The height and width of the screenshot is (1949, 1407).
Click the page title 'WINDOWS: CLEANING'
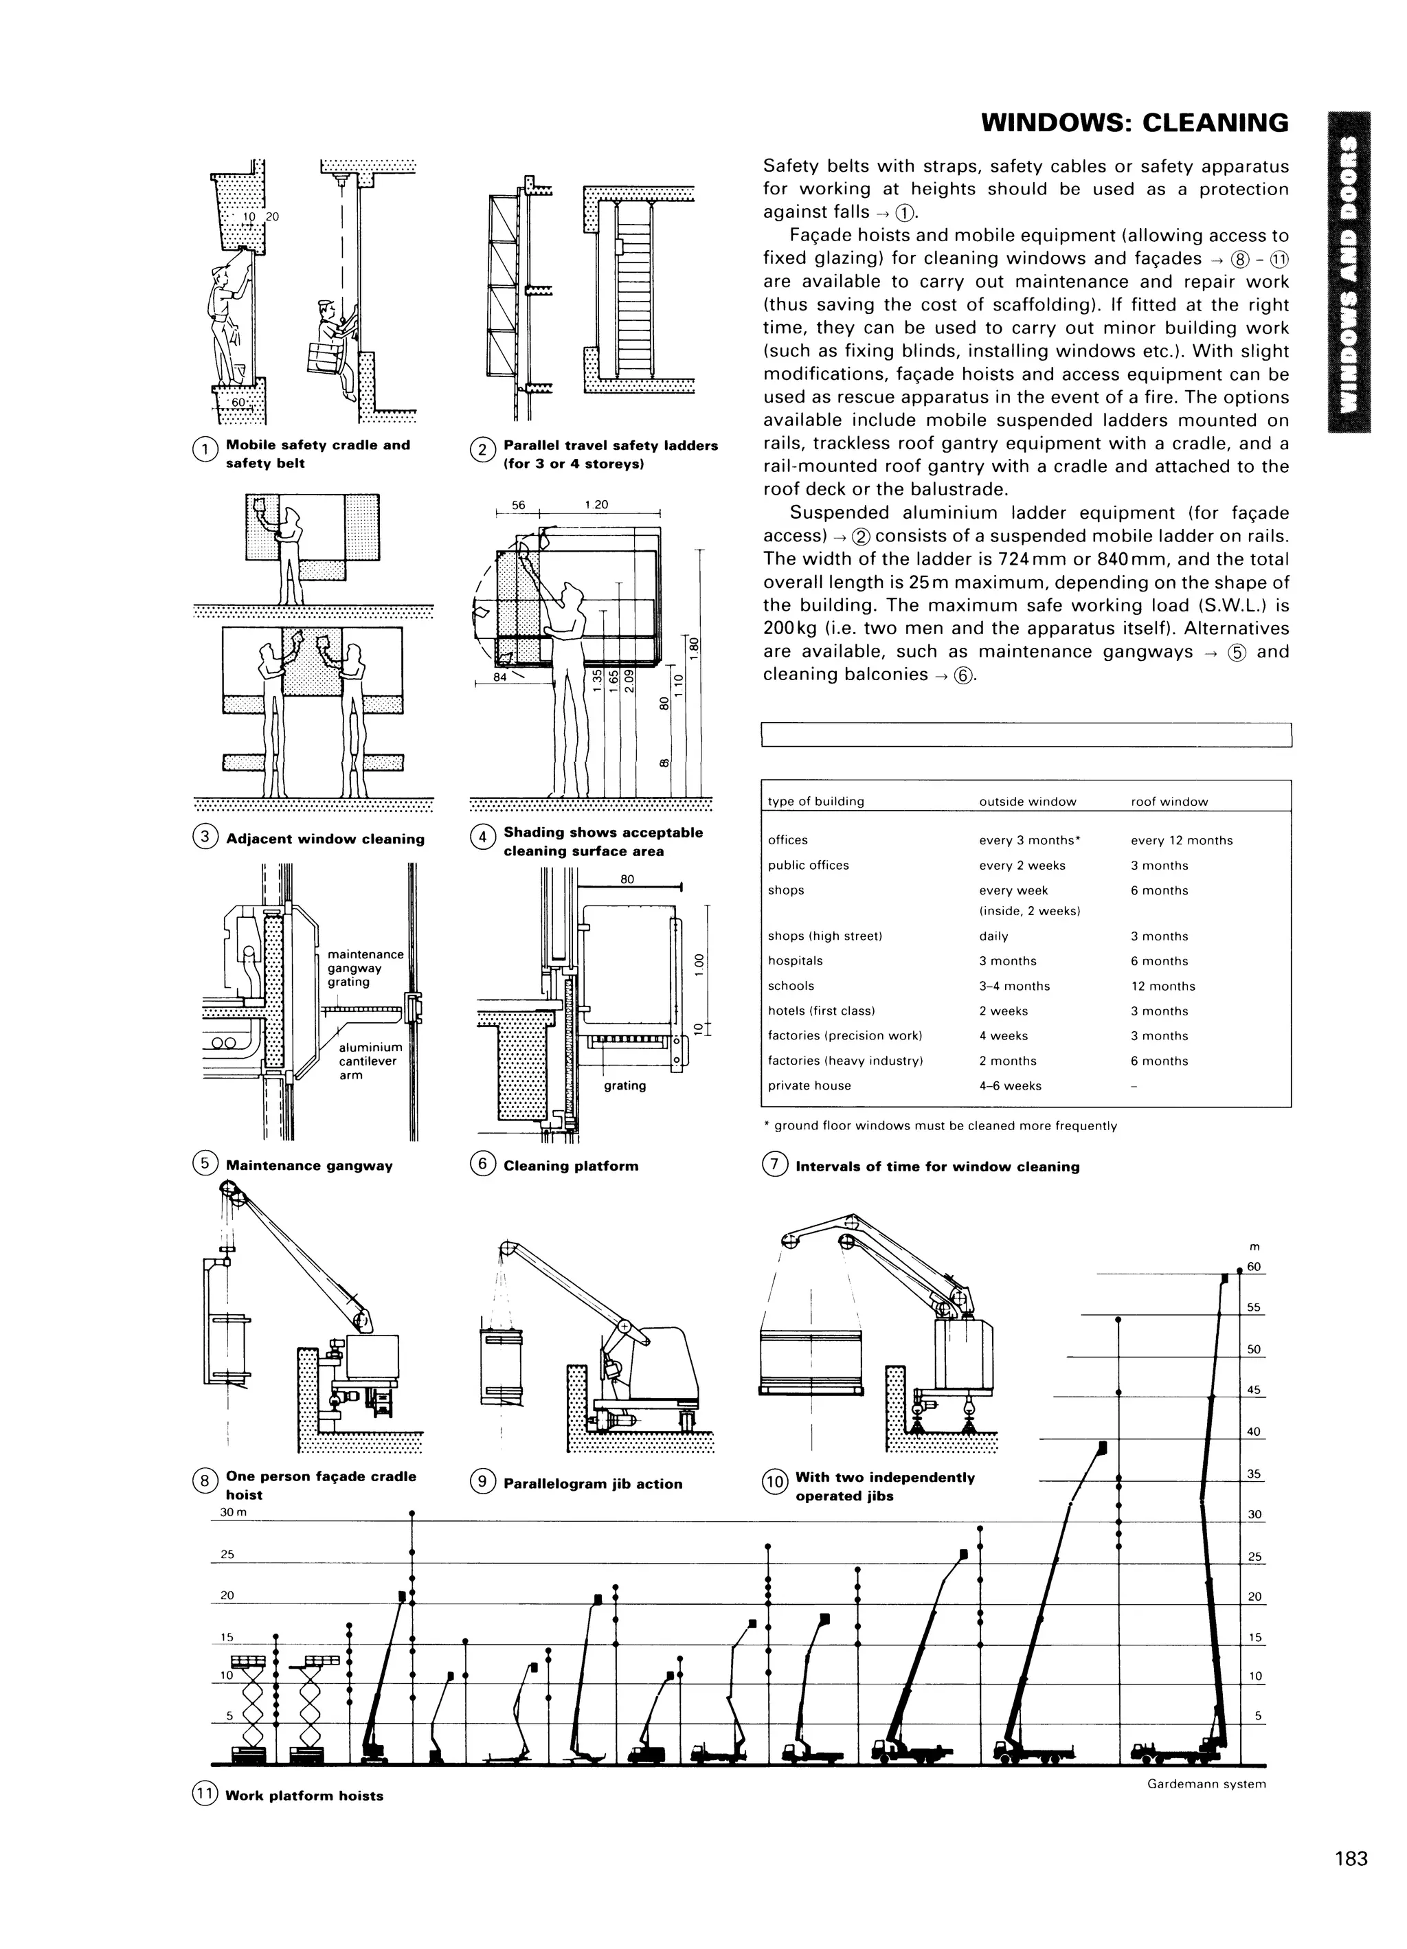(1134, 124)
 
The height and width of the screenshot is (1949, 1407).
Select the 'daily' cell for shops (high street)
(993, 936)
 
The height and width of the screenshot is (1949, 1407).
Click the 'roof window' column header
(1169, 802)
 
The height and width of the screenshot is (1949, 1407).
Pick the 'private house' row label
(809, 1085)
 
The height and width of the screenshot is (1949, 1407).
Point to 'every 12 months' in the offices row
(1181, 840)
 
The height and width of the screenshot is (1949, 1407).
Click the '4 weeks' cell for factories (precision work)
(1003, 1035)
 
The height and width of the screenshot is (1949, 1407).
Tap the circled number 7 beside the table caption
(774, 1165)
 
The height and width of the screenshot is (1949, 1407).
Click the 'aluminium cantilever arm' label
(370, 1061)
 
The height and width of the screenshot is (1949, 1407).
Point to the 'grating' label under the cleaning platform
(625, 1085)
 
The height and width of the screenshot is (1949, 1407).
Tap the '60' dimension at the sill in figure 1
(238, 402)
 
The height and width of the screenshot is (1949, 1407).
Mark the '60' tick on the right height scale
(1254, 1267)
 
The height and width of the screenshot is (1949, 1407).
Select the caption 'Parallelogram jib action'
(592, 1483)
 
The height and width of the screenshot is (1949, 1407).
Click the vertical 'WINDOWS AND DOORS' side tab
(1349, 273)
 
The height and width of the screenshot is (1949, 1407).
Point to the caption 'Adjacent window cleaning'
(325, 839)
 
